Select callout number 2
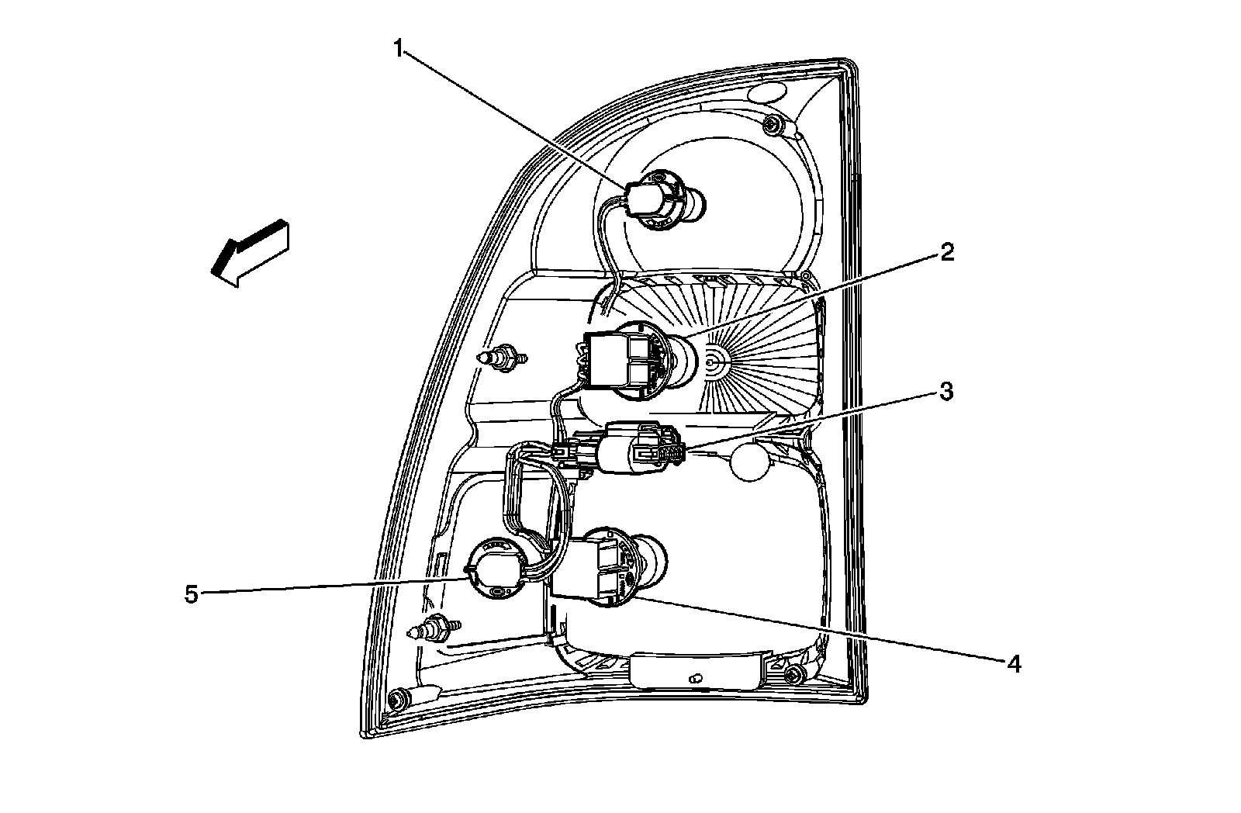947,252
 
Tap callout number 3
945,393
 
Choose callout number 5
192,595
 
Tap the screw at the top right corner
771,125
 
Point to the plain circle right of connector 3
749,462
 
